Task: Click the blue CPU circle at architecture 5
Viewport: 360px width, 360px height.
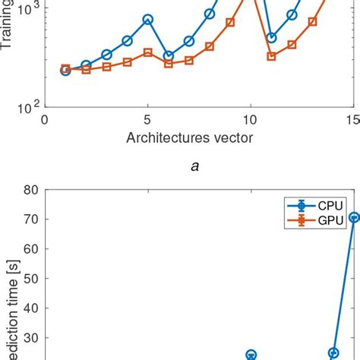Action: (148, 19)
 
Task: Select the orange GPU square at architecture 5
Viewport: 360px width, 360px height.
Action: (148, 52)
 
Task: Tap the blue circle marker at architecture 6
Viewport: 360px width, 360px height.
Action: (169, 55)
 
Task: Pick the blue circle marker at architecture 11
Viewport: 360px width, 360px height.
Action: (271, 37)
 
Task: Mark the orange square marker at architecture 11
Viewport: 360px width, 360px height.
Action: (271, 56)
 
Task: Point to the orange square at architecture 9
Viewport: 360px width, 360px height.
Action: (230, 22)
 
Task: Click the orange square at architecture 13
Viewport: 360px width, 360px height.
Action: (312, 21)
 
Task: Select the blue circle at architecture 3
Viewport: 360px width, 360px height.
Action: (106, 55)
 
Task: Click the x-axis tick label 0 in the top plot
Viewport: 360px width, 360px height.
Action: (45, 120)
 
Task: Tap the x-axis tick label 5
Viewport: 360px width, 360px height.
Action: (148, 120)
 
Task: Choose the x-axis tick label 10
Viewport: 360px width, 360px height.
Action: (251, 120)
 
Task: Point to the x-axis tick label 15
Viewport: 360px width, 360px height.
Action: (352, 120)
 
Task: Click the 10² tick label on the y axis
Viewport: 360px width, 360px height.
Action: (28, 107)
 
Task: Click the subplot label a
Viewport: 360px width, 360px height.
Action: (196, 167)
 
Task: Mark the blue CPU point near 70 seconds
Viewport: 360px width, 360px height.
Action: (353, 217)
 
